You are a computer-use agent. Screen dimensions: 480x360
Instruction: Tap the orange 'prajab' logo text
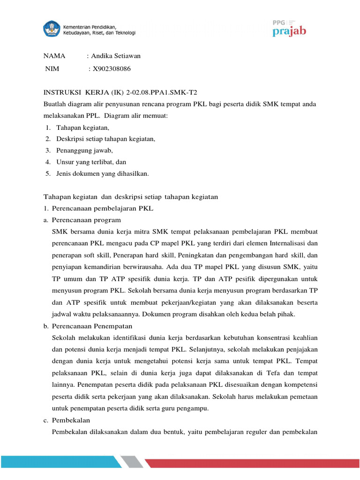click(x=290, y=31)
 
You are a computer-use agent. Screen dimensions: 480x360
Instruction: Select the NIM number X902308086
click(x=112, y=69)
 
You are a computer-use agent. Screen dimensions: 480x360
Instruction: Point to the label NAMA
click(x=54, y=56)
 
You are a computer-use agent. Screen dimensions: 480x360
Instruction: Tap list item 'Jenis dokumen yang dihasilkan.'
click(x=103, y=173)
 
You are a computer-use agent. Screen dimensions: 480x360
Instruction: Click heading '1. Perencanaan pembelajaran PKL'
click(x=98, y=208)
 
